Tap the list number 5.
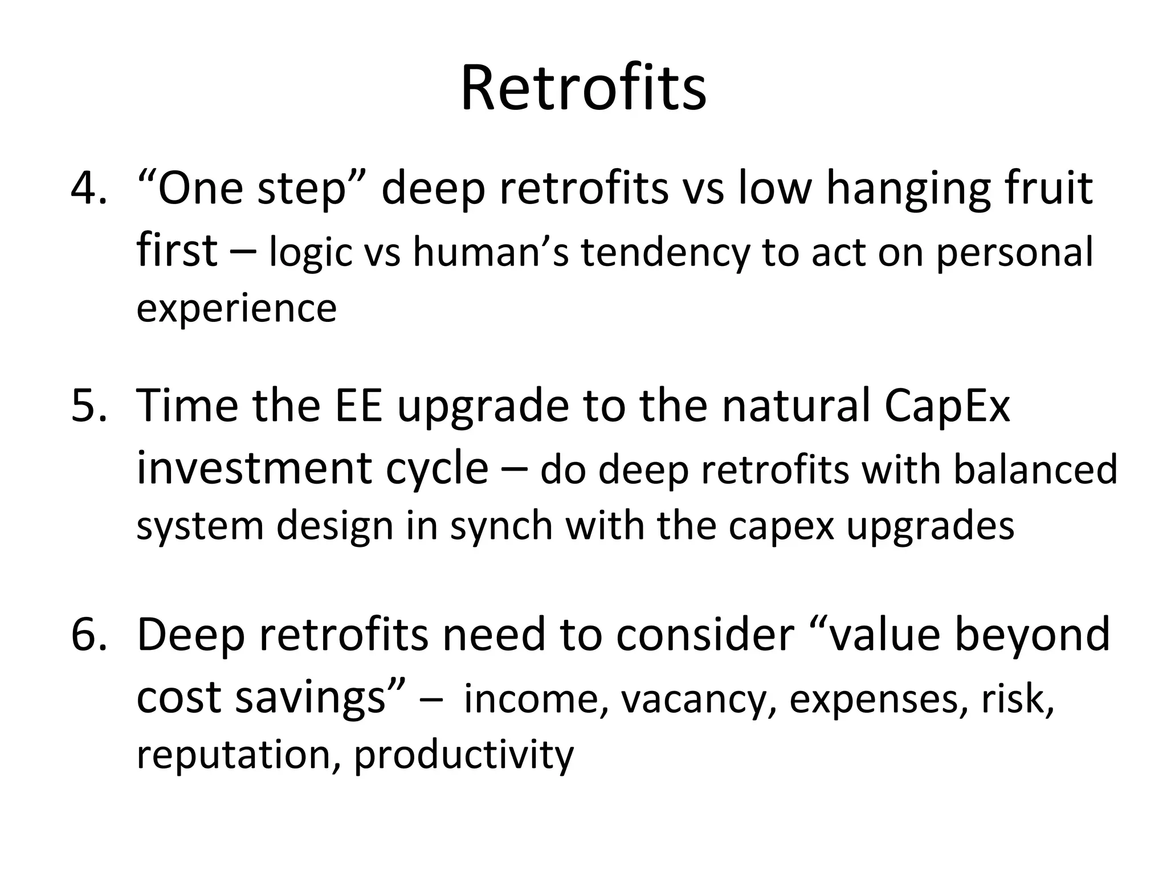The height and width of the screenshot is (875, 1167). [x=89, y=406]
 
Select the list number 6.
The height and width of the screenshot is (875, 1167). [x=89, y=635]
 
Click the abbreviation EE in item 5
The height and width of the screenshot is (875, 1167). [x=358, y=406]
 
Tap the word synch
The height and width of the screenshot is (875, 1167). [x=501, y=526]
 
